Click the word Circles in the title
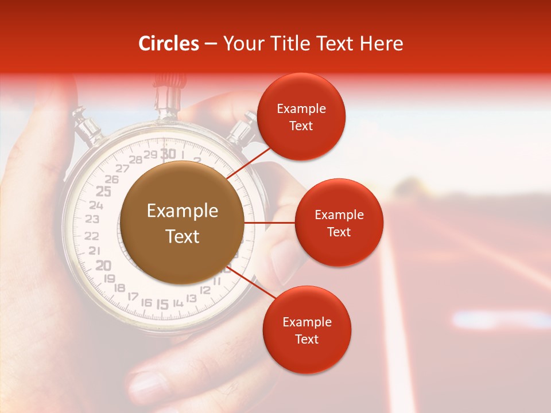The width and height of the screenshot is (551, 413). coord(169,44)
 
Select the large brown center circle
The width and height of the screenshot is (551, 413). coord(182,223)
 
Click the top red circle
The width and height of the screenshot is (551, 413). coord(301,116)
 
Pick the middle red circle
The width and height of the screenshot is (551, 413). coord(339,223)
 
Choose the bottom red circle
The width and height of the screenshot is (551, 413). coord(306,330)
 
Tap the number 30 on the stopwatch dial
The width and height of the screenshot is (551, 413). coord(168,153)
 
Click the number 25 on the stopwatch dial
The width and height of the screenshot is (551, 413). coord(103,192)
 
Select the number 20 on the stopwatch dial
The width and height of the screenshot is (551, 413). coord(103,265)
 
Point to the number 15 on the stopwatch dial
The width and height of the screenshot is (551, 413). coord(163,304)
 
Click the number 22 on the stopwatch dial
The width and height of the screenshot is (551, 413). coord(92,235)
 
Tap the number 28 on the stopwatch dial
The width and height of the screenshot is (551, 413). coord(137,159)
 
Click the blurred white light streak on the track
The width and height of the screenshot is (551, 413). coord(499,319)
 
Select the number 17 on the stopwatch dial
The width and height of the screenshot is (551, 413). coord(133,296)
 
